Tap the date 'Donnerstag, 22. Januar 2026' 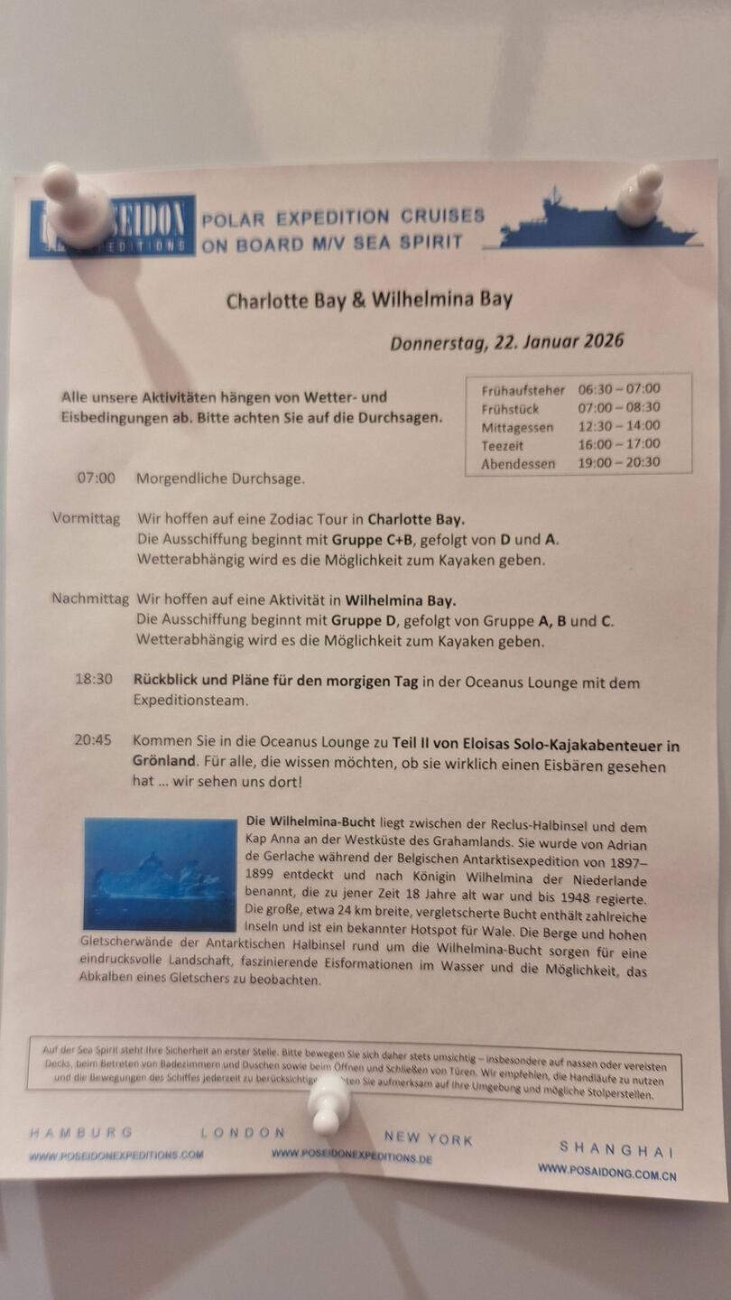click(x=506, y=342)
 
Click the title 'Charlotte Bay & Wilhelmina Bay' click(x=369, y=300)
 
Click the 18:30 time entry click(x=94, y=679)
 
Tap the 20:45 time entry click(x=93, y=740)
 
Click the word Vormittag click(x=86, y=519)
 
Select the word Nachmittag click(x=90, y=599)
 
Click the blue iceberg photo click(x=160, y=874)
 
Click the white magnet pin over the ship click(x=640, y=195)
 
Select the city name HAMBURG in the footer click(x=81, y=1132)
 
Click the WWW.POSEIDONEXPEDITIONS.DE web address click(x=351, y=1156)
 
